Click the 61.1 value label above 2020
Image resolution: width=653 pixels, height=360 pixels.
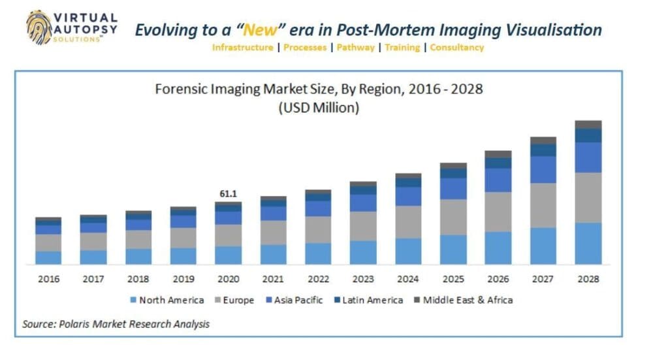(228, 194)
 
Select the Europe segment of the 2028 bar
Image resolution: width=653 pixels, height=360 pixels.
(588, 197)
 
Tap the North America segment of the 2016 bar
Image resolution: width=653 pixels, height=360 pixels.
(48, 257)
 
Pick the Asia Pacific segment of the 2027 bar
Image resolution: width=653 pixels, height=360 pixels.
(543, 169)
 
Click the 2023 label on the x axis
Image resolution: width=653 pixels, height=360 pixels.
(362, 279)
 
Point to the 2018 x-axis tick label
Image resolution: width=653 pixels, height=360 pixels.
(138, 279)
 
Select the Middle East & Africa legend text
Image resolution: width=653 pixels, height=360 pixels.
(468, 300)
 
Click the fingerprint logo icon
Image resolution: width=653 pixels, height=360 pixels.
(40, 28)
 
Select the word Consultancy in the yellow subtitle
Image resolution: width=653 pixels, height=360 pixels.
(457, 48)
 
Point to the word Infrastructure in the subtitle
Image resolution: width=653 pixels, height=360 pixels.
(242, 48)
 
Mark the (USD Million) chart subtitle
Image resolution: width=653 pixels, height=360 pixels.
(319, 108)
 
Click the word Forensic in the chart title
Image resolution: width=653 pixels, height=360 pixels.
(179, 89)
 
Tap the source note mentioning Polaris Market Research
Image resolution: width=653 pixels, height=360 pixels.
(116, 323)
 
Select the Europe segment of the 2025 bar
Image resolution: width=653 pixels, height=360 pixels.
(453, 217)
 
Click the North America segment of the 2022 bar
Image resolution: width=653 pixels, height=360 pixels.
(318, 254)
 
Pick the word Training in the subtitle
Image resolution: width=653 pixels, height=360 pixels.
(402, 48)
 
